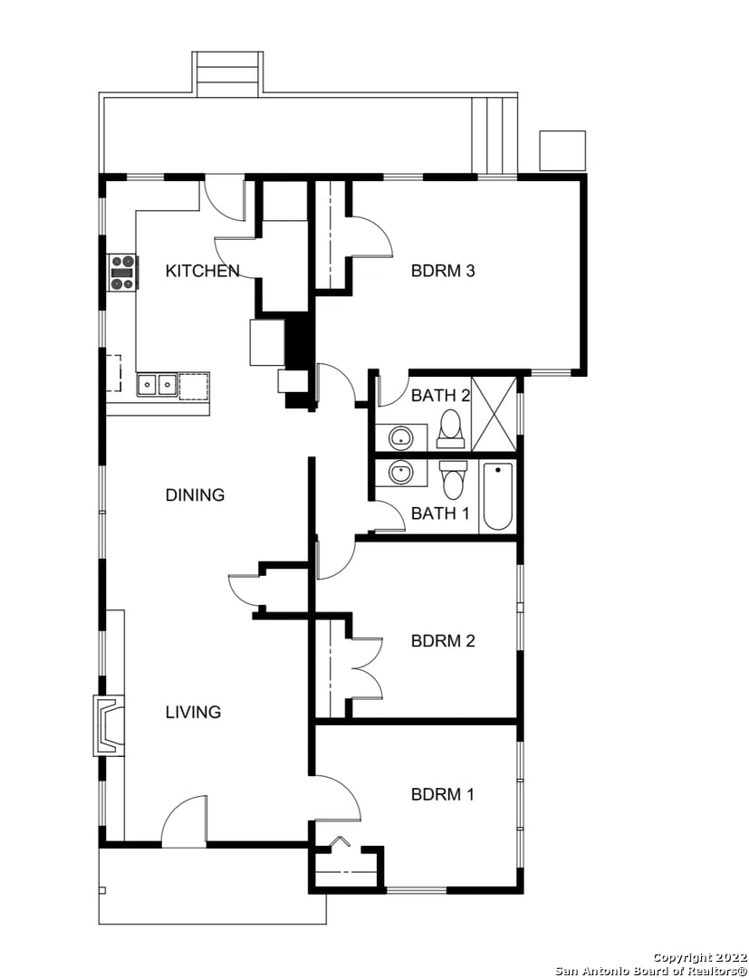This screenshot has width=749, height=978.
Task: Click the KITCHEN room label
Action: (x=203, y=271)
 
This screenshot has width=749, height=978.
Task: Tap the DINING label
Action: (x=195, y=495)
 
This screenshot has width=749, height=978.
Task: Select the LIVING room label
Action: (x=193, y=712)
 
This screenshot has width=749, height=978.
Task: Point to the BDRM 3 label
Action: (x=443, y=271)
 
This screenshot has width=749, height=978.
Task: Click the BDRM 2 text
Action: (x=443, y=640)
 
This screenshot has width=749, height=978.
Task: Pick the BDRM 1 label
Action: (x=443, y=795)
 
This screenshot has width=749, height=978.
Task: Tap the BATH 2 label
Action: (x=440, y=396)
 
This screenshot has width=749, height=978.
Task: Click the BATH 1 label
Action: (x=440, y=513)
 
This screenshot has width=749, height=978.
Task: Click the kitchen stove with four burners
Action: (x=122, y=273)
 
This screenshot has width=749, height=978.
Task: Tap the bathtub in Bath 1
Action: (x=497, y=496)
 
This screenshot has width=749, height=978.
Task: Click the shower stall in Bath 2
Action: (x=495, y=414)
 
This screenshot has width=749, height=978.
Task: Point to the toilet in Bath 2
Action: (x=450, y=429)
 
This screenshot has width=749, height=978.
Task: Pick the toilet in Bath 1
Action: (x=453, y=481)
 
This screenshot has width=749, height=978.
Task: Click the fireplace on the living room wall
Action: (x=110, y=725)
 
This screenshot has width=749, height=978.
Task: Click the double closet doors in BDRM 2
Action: (x=367, y=668)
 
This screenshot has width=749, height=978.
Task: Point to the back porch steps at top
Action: (x=227, y=74)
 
